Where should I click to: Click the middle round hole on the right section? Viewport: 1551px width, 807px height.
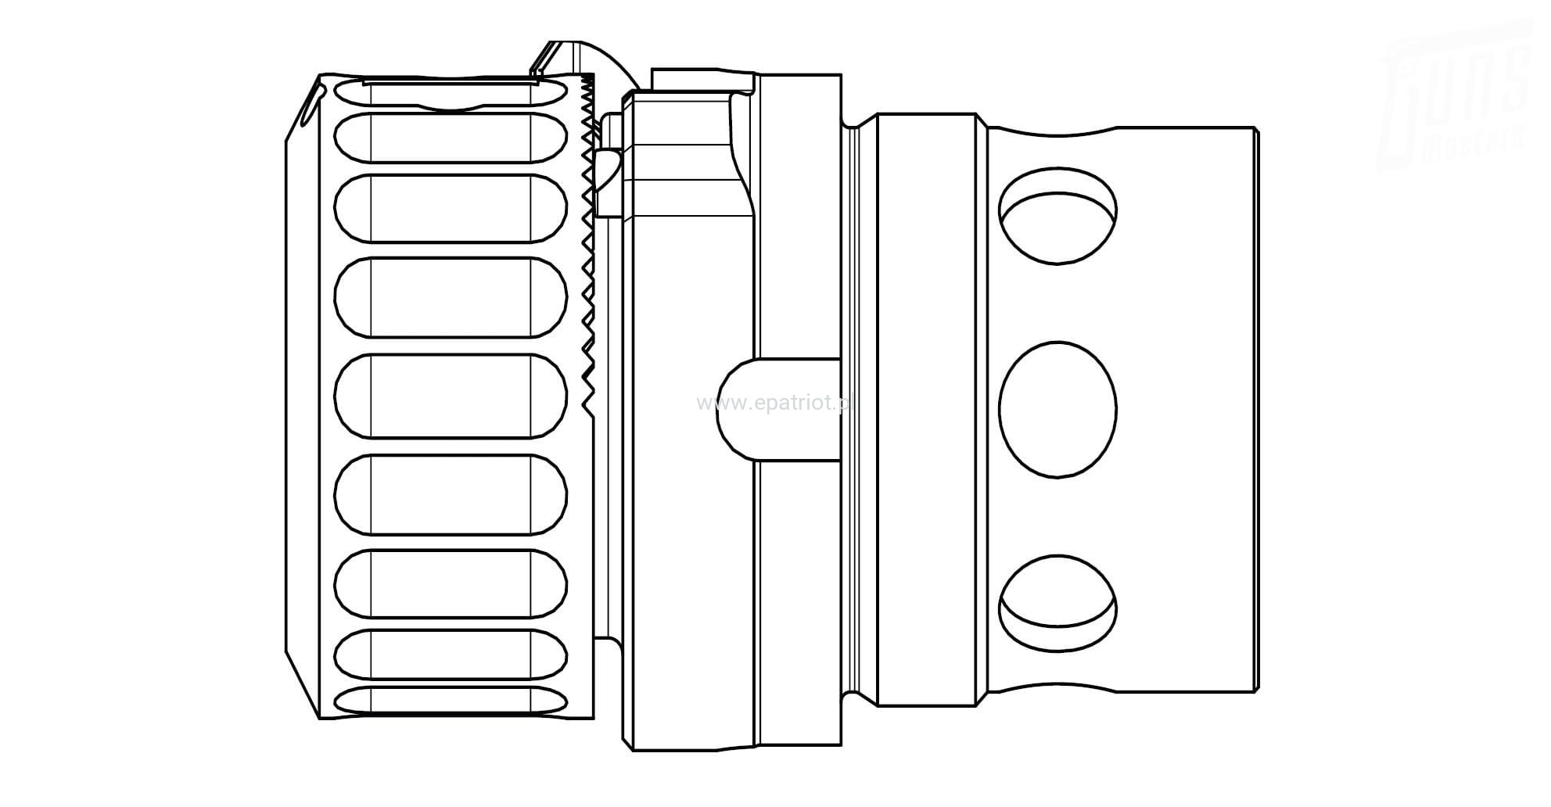coord(1057,410)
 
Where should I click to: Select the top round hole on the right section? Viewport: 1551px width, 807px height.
coord(1057,215)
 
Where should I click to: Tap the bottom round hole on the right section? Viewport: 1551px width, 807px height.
coord(1057,603)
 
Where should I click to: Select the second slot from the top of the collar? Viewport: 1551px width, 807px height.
coord(451,138)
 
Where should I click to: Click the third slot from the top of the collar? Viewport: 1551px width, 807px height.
coord(451,208)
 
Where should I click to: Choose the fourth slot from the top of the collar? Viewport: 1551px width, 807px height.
coord(451,297)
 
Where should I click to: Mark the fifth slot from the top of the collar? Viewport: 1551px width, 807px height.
coord(451,396)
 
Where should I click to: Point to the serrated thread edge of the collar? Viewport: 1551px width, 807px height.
coord(587,235)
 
